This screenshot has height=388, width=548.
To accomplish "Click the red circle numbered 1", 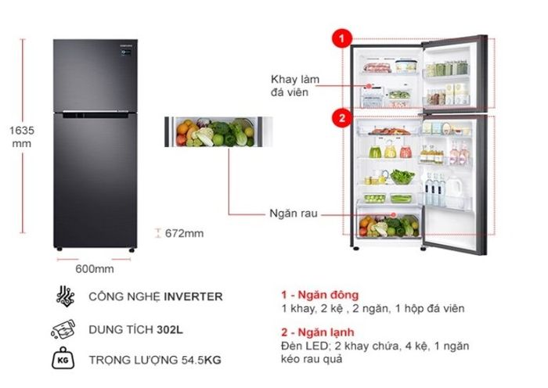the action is [x=342, y=38].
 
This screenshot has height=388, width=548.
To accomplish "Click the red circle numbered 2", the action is [x=342, y=117].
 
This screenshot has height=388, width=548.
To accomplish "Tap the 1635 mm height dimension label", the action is [x=22, y=137].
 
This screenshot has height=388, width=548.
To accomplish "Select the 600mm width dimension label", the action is [x=95, y=269].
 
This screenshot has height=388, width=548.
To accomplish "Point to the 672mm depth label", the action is [x=184, y=233].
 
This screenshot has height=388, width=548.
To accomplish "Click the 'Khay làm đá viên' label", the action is [x=295, y=85].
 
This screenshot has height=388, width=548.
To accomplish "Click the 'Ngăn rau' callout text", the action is [x=294, y=214].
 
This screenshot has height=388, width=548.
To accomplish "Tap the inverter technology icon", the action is [x=65, y=296].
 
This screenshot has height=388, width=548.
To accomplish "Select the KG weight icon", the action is [x=63, y=358].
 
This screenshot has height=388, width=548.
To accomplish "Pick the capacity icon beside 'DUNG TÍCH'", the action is [x=63, y=329].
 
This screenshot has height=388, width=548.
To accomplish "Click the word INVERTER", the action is [x=193, y=296].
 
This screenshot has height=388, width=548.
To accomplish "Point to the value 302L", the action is [x=170, y=329].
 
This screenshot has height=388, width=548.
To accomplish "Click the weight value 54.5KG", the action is [x=201, y=360].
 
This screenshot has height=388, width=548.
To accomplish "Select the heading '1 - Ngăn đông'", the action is [x=320, y=295].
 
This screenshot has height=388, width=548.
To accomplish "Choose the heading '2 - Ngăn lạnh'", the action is [x=318, y=332].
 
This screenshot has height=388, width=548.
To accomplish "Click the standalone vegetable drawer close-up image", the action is [x=218, y=131].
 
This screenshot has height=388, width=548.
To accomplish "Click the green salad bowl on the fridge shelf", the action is [x=402, y=177].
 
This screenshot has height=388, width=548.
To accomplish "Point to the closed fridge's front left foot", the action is [x=59, y=250].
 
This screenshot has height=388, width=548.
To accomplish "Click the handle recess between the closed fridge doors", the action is [x=96, y=114].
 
